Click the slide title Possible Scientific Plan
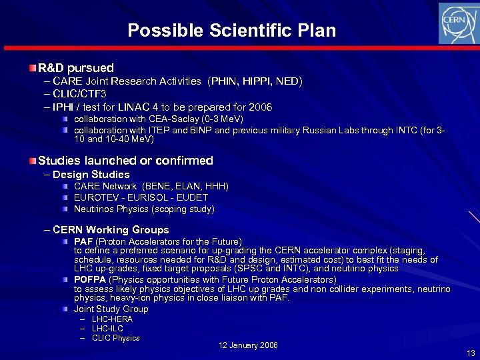(x=232, y=31)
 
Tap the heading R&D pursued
(x=76, y=68)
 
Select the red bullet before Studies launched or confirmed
(x=33, y=161)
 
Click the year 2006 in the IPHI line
(x=259, y=107)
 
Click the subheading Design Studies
(x=91, y=175)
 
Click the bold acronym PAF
(x=83, y=241)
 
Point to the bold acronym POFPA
(x=89, y=279)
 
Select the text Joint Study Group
(x=111, y=309)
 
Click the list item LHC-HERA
(x=112, y=319)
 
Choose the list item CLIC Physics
(x=116, y=338)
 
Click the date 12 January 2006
(x=249, y=345)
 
